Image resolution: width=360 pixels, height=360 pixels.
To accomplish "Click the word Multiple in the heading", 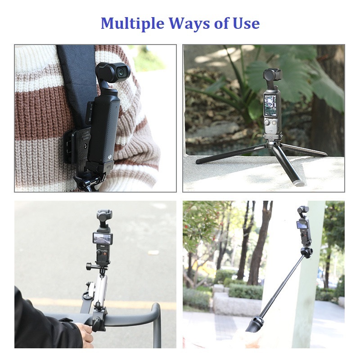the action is [x=132, y=24].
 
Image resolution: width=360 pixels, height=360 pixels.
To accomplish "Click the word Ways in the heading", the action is [x=189, y=24].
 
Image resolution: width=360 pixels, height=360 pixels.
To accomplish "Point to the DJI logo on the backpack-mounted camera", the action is [x=110, y=157].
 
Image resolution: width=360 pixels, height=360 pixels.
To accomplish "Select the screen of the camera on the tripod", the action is [x=270, y=105].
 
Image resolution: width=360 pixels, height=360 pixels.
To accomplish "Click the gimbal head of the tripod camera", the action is [x=272, y=75].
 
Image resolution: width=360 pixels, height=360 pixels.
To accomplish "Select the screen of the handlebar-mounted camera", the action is [x=103, y=238].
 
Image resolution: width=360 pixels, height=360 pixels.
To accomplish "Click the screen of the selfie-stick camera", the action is [x=302, y=225].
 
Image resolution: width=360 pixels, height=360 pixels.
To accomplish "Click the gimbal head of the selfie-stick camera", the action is [x=303, y=210].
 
